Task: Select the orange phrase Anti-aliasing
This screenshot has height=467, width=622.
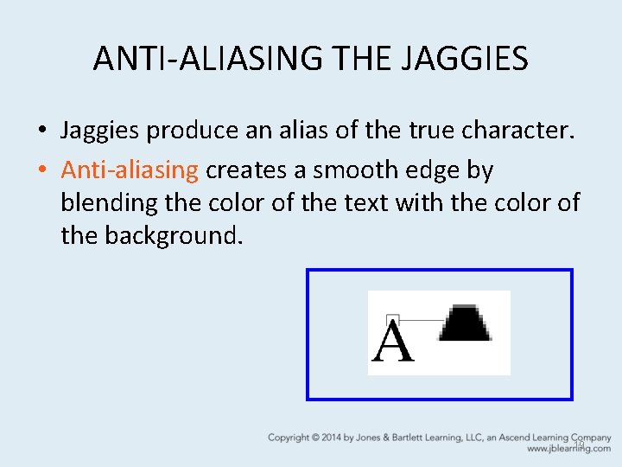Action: (130, 170)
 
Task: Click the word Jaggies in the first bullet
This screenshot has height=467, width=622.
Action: (100, 131)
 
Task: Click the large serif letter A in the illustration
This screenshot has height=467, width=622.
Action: (392, 342)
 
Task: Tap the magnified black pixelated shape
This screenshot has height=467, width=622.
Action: (466, 323)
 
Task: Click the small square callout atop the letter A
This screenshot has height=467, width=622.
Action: (392, 319)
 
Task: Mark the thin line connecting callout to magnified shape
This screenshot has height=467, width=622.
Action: (421, 320)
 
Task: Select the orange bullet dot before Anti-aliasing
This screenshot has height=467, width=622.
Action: (42, 171)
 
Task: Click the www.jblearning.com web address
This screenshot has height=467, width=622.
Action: (568, 449)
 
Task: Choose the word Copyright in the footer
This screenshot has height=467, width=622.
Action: (289, 438)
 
